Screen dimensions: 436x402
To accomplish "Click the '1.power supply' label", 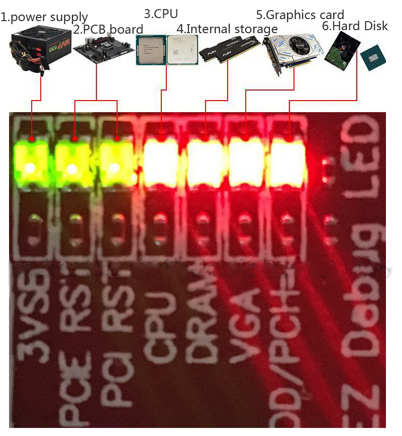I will coord(44,18).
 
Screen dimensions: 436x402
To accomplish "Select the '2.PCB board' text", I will coord(108,29).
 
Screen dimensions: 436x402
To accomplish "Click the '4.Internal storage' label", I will coord(227,29).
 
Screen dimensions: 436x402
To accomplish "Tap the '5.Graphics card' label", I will coord(300,15).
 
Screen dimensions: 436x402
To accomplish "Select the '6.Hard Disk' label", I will coord(355,26).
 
